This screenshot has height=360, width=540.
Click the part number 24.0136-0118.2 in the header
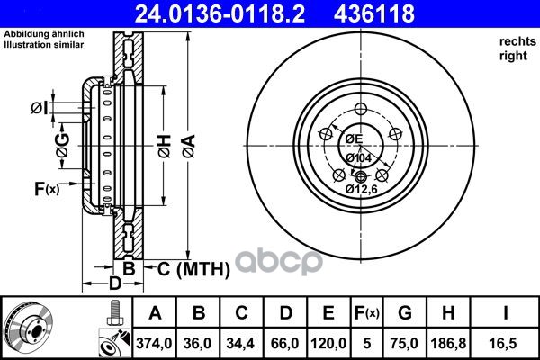220,13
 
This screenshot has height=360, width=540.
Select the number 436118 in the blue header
373,13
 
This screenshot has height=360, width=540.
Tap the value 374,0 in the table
154,343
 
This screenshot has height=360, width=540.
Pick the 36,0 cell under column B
198,343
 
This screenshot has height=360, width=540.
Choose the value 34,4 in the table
240,343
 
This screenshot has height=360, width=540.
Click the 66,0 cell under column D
284,343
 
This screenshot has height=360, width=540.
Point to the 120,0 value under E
328,343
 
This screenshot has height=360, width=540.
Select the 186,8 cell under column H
448,343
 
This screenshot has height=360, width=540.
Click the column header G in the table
405,313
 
